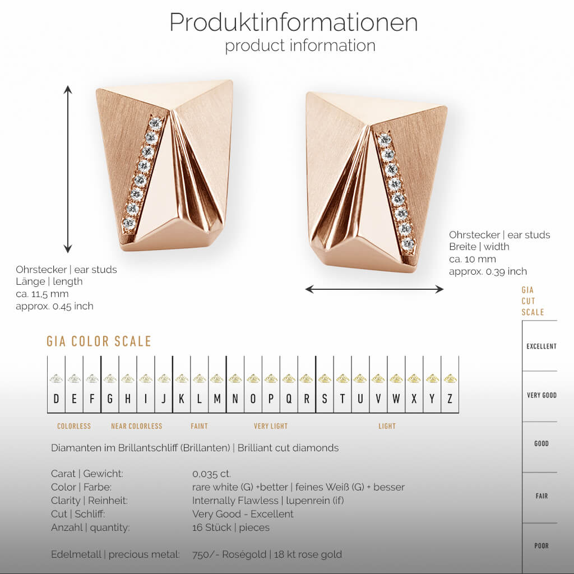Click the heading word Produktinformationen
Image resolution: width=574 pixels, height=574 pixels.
(x=293, y=22)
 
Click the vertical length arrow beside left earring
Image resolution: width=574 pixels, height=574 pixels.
(x=68, y=169)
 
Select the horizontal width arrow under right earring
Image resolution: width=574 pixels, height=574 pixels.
(x=374, y=289)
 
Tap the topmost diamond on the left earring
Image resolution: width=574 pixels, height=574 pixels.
(x=156, y=122)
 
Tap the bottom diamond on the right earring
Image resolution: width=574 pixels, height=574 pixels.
(x=408, y=244)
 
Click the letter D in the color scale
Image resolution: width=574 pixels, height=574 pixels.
(x=56, y=399)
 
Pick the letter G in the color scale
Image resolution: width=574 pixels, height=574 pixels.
(x=110, y=399)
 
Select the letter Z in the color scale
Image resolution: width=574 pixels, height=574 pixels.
(x=450, y=399)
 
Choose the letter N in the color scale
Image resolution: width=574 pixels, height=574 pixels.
(x=235, y=399)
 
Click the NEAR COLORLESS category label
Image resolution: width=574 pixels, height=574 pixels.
(x=136, y=426)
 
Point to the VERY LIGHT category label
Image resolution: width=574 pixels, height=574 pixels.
(x=271, y=426)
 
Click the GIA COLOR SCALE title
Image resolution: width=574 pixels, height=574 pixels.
(x=99, y=341)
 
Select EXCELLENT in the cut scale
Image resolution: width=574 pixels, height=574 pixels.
(x=541, y=346)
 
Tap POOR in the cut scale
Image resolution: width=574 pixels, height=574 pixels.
(x=541, y=545)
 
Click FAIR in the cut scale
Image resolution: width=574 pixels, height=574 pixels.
(x=541, y=496)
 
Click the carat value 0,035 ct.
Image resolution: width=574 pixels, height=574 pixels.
(x=211, y=474)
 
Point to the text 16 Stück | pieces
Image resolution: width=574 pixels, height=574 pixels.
(x=230, y=527)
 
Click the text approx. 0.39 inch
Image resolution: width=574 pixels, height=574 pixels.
(x=488, y=271)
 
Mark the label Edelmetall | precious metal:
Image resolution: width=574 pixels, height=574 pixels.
(x=115, y=554)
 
